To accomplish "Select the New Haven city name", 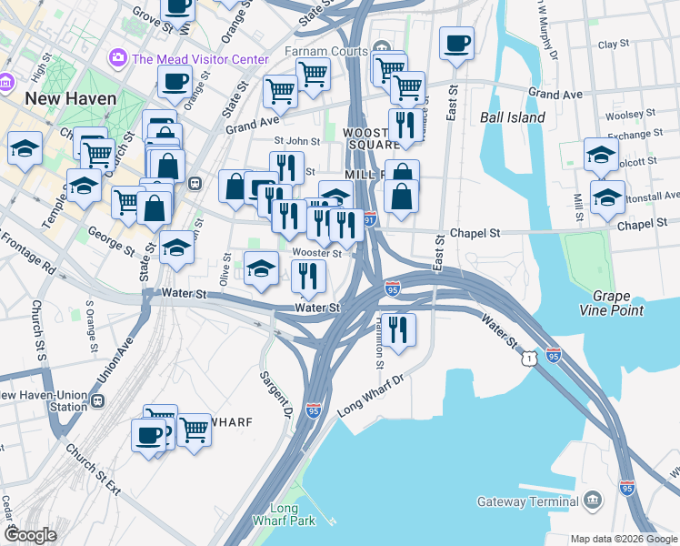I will (x=71, y=98).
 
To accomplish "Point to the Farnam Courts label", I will (x=327, y=51).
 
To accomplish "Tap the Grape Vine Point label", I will (x=618, y=303).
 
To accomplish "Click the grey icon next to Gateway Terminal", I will (x=593, y=500).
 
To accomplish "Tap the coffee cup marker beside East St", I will (x=456, y=43).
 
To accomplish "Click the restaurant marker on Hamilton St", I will (x=399, y=329).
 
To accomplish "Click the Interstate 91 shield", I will (x=369, y=219).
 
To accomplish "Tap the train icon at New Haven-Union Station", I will (x=97, y=400).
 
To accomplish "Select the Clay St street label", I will (x=615, y=44).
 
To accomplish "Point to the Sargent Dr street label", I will (x=274, y=388).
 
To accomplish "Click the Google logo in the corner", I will (x=31, y=535).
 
